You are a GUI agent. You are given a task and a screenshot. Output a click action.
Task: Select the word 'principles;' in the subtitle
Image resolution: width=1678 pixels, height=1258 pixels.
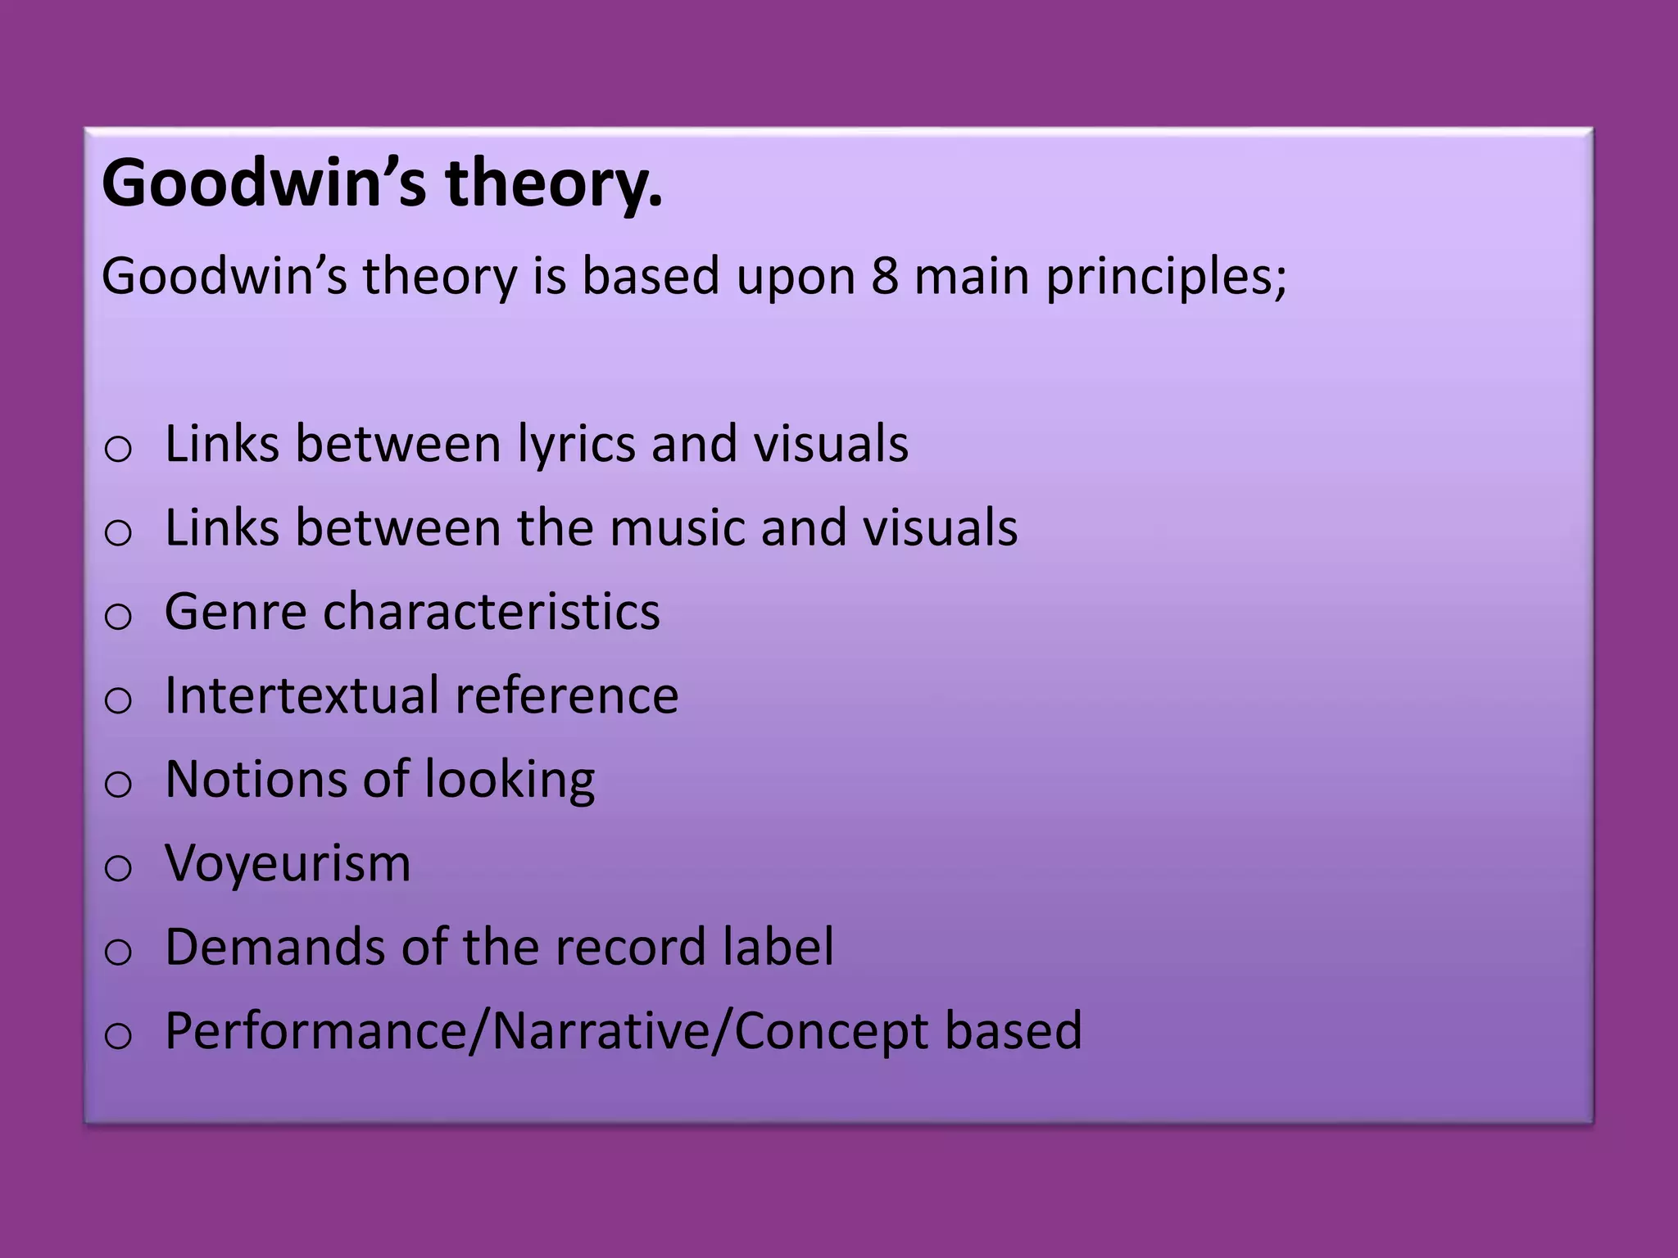click(x=1166, y=277)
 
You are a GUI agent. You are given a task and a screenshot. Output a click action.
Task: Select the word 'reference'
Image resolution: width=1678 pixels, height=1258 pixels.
click(x=567, y=695)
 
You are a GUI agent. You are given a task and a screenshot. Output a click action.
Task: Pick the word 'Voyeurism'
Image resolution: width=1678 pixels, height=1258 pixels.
click(x=288, y=863)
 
